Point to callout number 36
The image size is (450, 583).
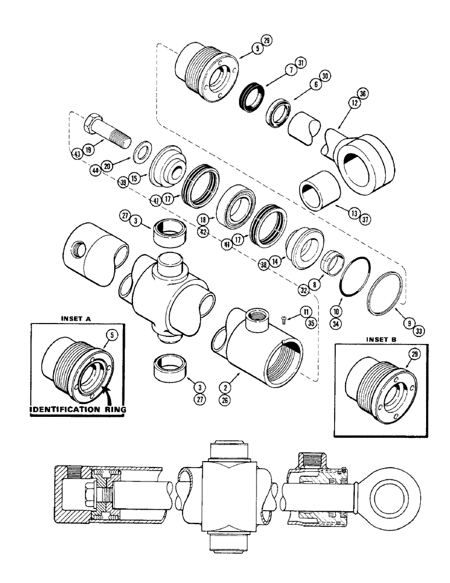point(364,93)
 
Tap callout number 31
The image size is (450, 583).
point(301,63)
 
